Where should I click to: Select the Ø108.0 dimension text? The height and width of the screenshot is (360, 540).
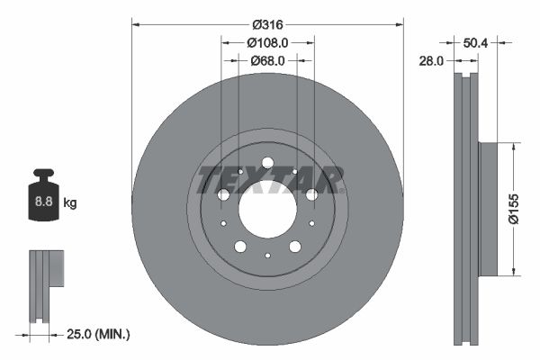click(267, 42)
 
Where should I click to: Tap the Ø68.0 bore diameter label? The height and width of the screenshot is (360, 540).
click(267, 60)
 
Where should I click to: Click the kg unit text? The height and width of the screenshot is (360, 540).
click(70, 203)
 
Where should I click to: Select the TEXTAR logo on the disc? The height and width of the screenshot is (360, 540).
click(267, 180)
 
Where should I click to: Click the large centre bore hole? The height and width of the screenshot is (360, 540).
click(267, 209)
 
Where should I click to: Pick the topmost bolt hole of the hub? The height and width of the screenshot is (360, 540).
click(267, 163)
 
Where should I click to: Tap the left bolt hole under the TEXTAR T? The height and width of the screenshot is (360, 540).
click(224, 194)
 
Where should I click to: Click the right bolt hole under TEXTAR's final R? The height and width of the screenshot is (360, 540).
click(311, 194)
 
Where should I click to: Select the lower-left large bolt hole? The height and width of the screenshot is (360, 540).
click(240, 247)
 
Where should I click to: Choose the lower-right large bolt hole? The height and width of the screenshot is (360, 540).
click(294, 247)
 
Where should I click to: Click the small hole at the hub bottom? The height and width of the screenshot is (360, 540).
click(267, 256)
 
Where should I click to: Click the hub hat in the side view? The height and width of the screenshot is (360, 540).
click(488, 209)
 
